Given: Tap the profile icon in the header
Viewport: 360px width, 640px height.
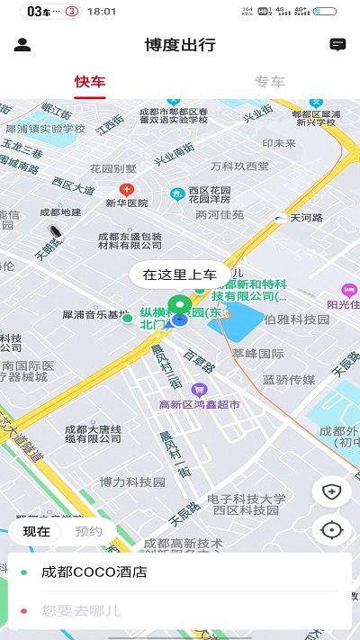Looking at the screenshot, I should pyautogui.click(x=23, y=44).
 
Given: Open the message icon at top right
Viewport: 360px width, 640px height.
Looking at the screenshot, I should pyautogui.click(x=337, y=44).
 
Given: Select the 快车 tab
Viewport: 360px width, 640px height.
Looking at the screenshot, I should pyautogui.click(x=90, y=82).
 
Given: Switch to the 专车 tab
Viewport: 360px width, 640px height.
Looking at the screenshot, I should pyautogui.click(x=269, y=82).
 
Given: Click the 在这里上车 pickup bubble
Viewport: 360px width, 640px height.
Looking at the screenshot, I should pyautogui.click(x=180, y=275).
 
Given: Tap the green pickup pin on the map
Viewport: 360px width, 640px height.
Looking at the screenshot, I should pyautogui.click(x=179, y=306).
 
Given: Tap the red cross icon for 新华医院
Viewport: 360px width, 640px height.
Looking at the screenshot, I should pyautogui.click(x=127, y=190).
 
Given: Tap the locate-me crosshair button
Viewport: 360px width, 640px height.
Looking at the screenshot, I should pyautogui.click(x=332, y=529).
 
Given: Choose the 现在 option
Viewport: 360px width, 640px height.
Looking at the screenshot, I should pyautogui.click(x=37, y=531).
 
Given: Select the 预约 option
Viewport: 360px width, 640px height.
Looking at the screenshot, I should pyautogui.click(x=88, y=531).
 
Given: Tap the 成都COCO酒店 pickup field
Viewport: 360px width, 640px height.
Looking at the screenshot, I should pyautogui.click(x=180, y=572).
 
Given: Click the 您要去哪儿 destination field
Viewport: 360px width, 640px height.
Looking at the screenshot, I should pyautogui.click(x=180, y=611).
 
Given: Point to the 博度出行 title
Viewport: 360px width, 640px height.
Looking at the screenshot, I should pyautogui.click(x=180, y=44).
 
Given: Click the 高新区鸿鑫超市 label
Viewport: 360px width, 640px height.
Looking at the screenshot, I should pyautogui.click(x=199, y=405).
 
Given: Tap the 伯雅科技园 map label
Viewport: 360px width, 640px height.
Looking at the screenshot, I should pyautogui.click(x=298, y=319).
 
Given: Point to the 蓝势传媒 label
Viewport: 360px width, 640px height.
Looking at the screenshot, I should pyautogui.click(x=289, y=380).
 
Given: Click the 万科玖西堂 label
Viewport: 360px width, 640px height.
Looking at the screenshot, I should pyautogui.click(x=239, y=167).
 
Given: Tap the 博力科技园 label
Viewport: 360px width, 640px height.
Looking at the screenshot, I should pyautogui.click(x=132, y=482).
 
